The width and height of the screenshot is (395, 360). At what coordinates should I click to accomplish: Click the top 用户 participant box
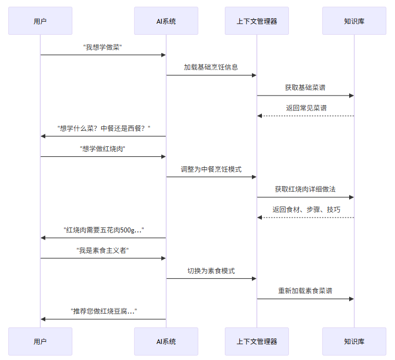[40, 21]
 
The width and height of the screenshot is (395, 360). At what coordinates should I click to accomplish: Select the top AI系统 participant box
[166, 21]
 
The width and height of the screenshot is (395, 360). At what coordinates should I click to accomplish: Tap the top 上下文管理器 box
[256, 21]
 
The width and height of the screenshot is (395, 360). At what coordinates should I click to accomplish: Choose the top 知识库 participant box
[354, 21]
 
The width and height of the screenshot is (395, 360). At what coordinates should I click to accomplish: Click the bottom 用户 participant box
[40, 341]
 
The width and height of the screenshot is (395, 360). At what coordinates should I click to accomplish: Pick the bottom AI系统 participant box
[166, 341]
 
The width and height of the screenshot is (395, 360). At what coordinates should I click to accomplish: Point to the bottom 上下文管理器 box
[256, 341]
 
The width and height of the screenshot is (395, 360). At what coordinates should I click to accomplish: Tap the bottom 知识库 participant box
[354, 341]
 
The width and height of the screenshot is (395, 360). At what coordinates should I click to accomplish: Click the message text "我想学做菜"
[103, 47]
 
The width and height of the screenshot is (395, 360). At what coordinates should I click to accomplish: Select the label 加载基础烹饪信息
[211, 67]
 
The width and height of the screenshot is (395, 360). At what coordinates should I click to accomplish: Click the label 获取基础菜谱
[306, 87]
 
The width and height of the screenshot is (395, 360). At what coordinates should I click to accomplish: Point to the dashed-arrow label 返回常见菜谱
[306, 108]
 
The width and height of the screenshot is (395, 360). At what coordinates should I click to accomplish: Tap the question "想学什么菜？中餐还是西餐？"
[104, 128]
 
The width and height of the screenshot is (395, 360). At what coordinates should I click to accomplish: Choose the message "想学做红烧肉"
[103, 149]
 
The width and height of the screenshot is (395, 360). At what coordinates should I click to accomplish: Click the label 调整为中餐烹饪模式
[211, 169]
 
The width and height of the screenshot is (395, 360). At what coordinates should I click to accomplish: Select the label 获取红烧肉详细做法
[306, 189]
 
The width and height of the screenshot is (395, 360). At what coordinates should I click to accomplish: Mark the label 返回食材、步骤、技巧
[306, 209]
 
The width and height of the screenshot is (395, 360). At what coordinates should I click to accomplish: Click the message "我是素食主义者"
[103, 250]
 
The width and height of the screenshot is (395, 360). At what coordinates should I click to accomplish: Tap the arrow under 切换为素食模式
[211, 278]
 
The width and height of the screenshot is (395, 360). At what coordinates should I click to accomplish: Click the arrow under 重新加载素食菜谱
[306, 299]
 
